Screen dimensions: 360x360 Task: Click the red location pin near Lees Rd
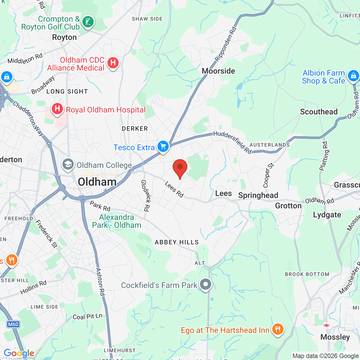(180, 168)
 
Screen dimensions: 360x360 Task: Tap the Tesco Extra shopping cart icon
(163, 146)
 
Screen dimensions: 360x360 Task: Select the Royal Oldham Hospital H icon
(57, 109)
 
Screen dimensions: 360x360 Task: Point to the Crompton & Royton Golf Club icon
(88, 22)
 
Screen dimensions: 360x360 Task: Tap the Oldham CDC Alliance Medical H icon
(113, 63)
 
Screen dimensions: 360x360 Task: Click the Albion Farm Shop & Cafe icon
(353, 76)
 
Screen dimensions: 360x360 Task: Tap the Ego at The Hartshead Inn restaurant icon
(278, 329)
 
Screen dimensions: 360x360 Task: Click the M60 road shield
(13, 324)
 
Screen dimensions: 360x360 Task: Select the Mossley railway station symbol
(327, 325)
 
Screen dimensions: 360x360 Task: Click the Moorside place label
(218, 71)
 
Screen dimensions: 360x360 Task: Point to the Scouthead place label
(319, 112)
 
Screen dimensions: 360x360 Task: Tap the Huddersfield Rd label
(232, 142)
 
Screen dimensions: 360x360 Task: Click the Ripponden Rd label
(226, 44)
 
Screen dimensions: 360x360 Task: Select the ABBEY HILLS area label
(177, 242)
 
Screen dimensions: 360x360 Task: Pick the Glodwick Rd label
(145, 195)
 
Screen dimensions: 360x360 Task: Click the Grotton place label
(288, 206)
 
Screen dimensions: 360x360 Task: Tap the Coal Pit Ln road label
(87, 316)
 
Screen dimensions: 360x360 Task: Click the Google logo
(19, 353)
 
